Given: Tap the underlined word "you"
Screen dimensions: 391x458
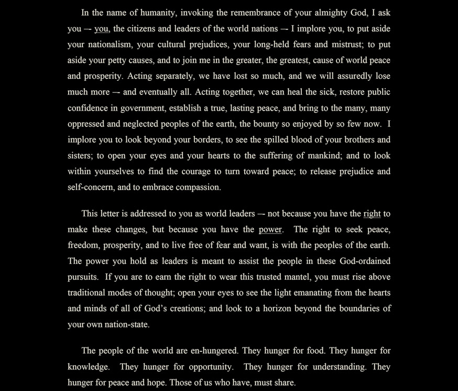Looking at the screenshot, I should click(x=102, y=29).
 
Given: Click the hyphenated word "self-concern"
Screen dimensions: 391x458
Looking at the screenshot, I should click(x=91, y=187).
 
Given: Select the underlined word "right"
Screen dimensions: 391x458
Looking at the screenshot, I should click(x=372, y=214).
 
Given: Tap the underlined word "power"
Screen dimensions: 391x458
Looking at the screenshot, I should click(x=270, y=229).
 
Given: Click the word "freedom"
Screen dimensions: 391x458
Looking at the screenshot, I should click(x=83, y=245).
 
